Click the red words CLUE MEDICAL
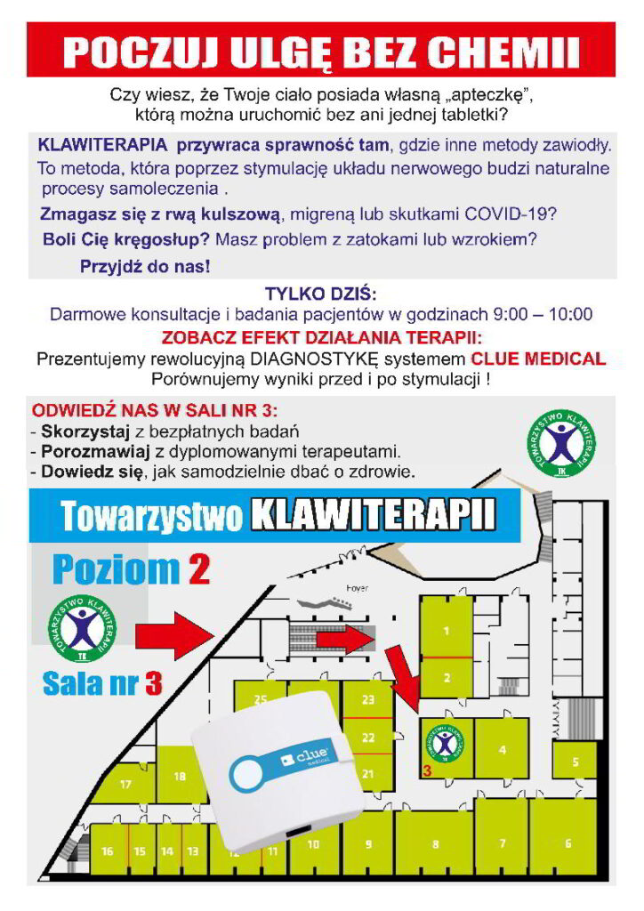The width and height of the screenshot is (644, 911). (x=538, y=359)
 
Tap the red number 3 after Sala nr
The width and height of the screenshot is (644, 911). (x=153, y=683)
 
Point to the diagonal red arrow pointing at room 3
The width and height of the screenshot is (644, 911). (x=406, y=681)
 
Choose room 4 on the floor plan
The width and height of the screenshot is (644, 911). (x=503, y=749)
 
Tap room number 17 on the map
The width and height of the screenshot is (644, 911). (x=125, y=784)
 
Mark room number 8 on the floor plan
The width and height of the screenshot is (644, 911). (x=434, y=842)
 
